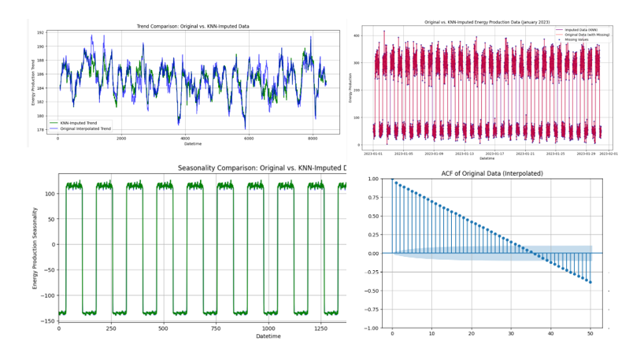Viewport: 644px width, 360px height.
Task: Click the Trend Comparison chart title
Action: pyautogui.click(x=193, y=27)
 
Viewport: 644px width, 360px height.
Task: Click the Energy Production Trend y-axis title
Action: pyautogui.click(x=34, y=83)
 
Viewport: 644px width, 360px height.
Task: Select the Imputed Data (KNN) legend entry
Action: pyautogui.click(x=583, y=30)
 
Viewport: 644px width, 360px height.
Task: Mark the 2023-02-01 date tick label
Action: pyautogui.click(x=609, y=154)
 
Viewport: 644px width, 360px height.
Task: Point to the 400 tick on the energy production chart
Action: pyautogui.click(x=357, y=36)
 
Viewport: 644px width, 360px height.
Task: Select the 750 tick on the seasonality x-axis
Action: pyautogui.click(x=215, y=328)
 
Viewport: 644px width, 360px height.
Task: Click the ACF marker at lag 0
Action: pyautogui.click(x=392, y=180)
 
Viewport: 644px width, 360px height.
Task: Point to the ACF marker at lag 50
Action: pyautogui.click(x=590, y=282)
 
